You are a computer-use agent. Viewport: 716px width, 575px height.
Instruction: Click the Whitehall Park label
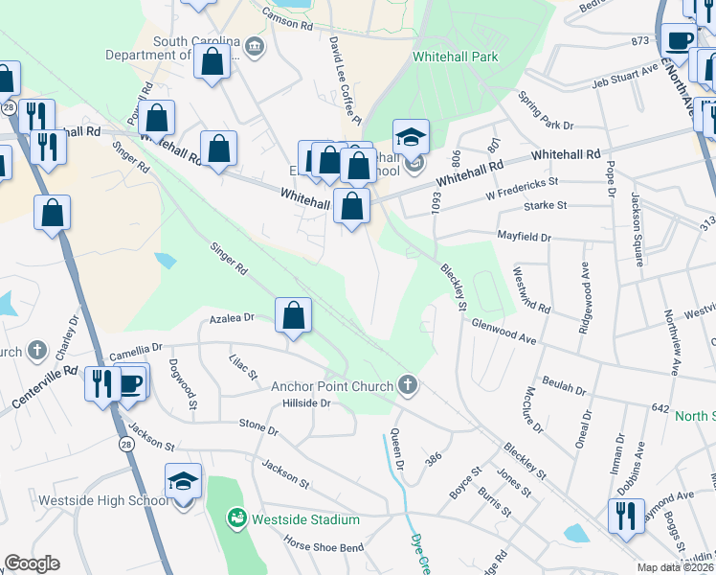(456, 57)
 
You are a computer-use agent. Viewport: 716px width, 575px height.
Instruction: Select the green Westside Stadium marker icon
(236, 518)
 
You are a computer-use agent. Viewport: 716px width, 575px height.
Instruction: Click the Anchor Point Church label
(332, 386)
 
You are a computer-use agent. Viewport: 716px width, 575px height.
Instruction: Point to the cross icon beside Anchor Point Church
(408, 385)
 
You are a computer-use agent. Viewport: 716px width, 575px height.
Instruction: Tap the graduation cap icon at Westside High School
(183, 481)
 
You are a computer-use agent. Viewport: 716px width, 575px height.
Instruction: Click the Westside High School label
(103, 500)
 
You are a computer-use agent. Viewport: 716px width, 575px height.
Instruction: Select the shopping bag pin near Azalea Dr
(293, 314)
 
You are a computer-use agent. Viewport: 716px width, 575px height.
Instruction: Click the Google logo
(32, 563)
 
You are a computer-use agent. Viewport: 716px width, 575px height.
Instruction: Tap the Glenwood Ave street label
(503, 331)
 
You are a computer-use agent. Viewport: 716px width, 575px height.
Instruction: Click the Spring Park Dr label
(546, 111)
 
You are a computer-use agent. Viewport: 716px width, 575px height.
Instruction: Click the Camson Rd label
(287, 19)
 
